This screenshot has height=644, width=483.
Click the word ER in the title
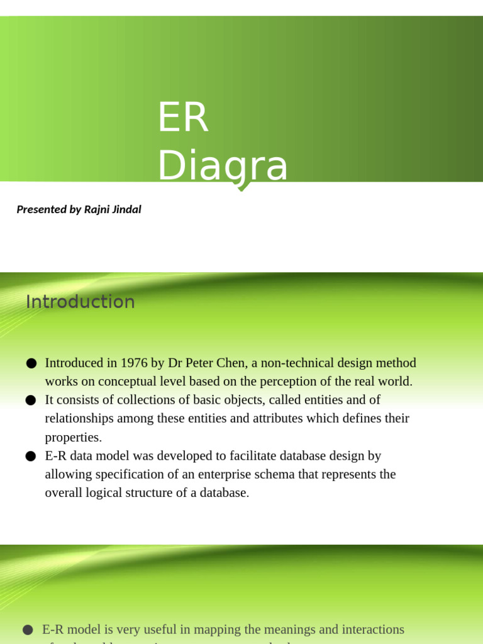coord(182,118)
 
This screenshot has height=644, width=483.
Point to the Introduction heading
coord(80,302)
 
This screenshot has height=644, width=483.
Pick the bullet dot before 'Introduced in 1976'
coord(31,364)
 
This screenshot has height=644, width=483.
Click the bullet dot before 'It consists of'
coord(31,400)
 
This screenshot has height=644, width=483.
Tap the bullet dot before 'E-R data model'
coord(31,456)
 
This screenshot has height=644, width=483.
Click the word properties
coord(72,437)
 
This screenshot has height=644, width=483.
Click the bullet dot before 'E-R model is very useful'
coord(28,630)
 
